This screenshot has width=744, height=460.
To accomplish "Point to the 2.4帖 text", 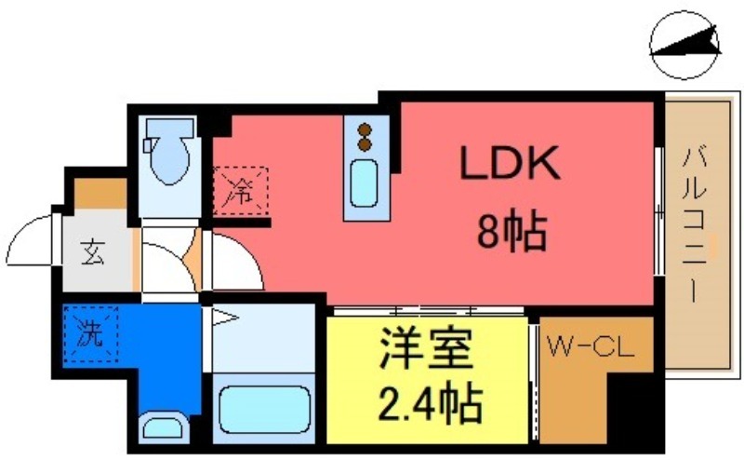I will pyautogui.click(x=430, y=403).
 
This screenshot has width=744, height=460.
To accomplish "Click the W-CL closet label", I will pyautogui.click(x=589, y=349).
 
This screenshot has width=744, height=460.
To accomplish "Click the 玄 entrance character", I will pyautogui.click(x=93, y=251).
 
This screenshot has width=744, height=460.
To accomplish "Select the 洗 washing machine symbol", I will pyautogui.click(x=90, y=332).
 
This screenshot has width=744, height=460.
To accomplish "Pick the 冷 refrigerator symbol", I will pyautogui.click(x=240, y=192).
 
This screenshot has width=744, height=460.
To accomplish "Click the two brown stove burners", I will pyautogui.click(x=365, y=137).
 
